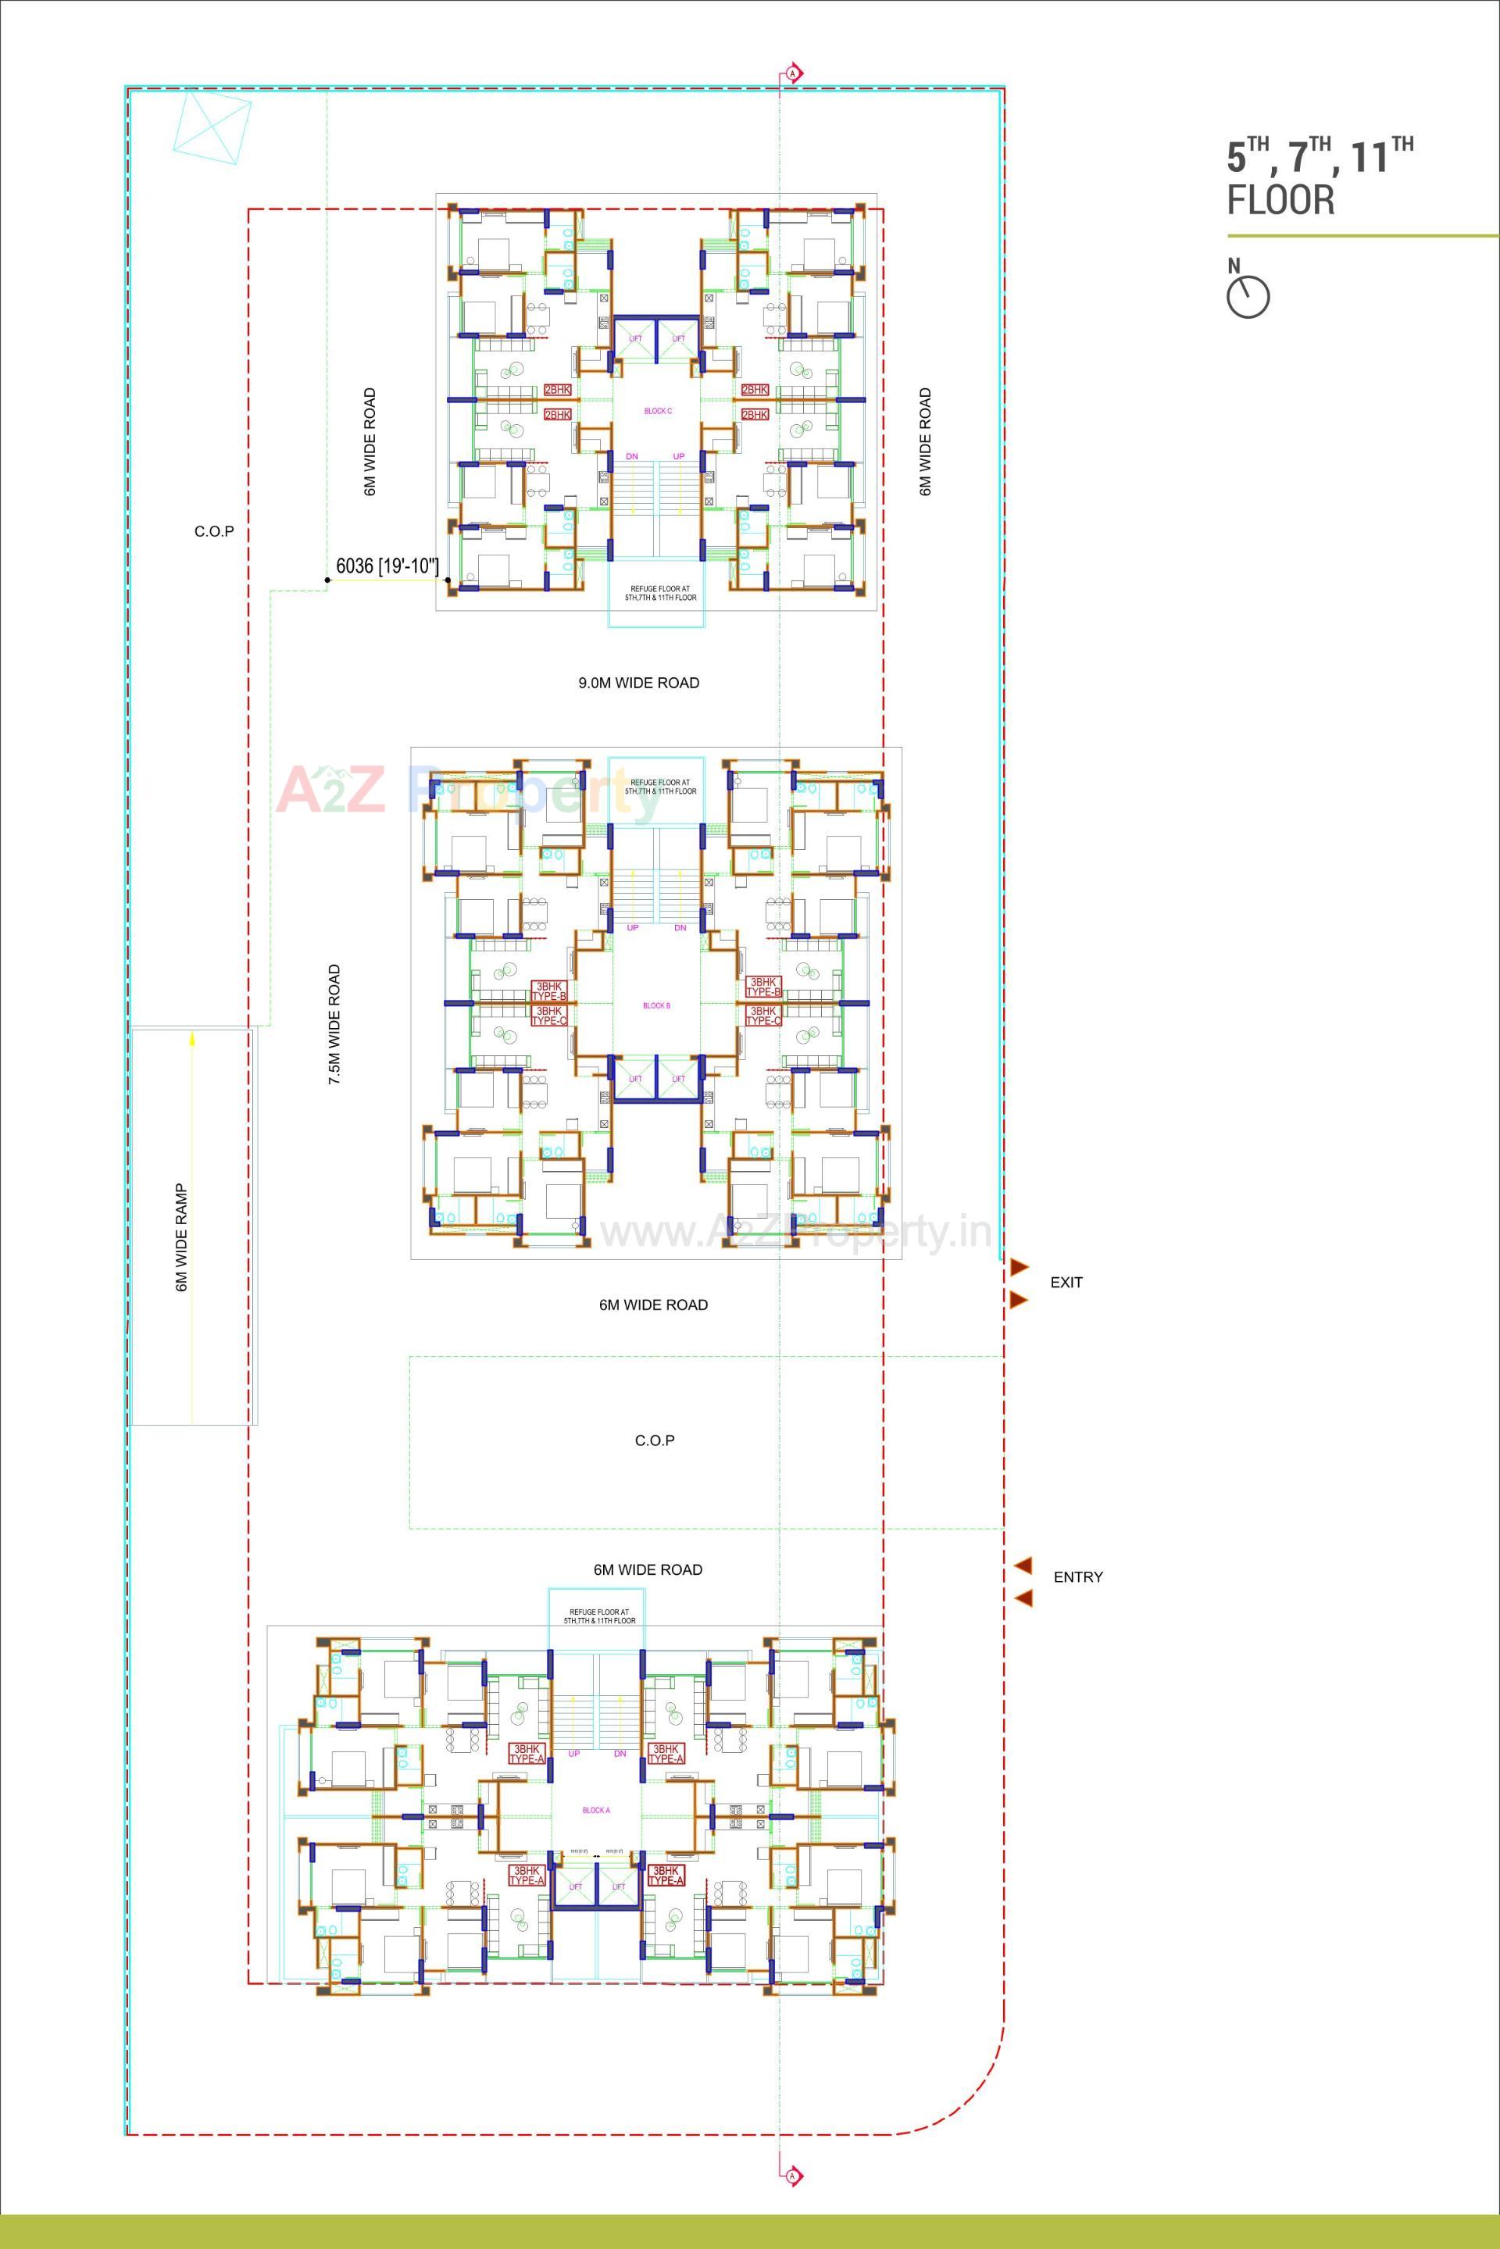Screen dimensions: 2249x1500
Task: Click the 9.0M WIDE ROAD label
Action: tap(638, 683)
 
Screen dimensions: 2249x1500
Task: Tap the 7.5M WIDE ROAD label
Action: tap(334, 1023)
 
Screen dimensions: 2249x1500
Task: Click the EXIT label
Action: tap(1066, 1283)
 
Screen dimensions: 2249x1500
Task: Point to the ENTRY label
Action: tap(1077, 1577)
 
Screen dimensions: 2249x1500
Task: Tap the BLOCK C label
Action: tap(657, 412)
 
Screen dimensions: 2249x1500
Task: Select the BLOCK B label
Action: tap(656, 1006)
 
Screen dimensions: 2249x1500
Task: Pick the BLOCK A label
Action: tap(596, 1811)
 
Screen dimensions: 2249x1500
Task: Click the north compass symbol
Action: tap(1248, 297)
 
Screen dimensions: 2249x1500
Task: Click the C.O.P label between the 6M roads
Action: tap(655, 1440)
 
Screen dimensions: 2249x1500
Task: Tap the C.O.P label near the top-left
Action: tap(213, 532)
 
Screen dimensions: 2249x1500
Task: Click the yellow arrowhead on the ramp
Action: tap(192, 1035)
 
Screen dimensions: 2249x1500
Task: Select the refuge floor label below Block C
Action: tap(660, 593)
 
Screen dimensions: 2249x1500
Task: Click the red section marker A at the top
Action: tap(793, 73)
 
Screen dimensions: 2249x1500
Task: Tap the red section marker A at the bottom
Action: tap(792, 2176)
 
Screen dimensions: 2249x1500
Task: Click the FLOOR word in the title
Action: tap(1280, 201)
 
